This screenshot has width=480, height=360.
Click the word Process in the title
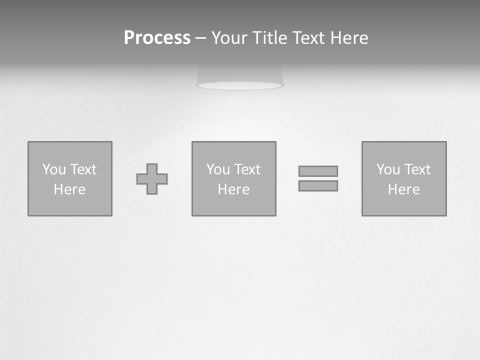click(x=157, y=38)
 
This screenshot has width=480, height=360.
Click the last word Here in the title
click(x=349, y=38)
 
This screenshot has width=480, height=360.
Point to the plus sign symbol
click(x=152, y=179)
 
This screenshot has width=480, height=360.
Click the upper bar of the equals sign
click(x=318, y=171)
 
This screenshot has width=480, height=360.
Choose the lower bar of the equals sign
click(x=318, y=186)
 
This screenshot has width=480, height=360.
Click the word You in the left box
click(x=54, y=169)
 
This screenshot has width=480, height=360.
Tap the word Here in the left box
click(x=69, y=189)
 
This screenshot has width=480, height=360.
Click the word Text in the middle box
click(x=246, y=169)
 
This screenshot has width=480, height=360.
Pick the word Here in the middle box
click(x=233, y=189)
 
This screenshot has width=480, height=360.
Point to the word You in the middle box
click(x=218, y=169)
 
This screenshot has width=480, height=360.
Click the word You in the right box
click(x=388, y=169)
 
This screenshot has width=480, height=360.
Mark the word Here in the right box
click(x=403, y=189)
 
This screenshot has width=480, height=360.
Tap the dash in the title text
click(x=200, y=38)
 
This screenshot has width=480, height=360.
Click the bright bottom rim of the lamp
click(x=240, y=86)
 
